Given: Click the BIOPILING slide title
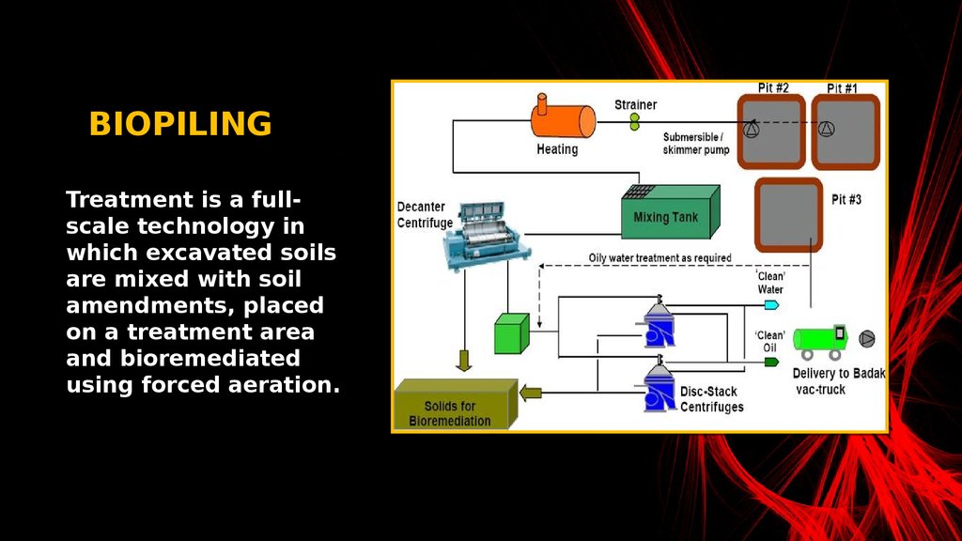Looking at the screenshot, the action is (180, 124).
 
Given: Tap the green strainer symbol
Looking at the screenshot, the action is (634, 121).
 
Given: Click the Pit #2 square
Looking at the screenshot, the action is (771, 131).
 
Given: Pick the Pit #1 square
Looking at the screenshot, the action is (846, 132).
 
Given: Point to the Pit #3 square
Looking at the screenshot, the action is (788, 215).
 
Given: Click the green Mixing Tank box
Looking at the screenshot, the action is (671, 212).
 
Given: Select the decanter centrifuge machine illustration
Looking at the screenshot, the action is (486, 236).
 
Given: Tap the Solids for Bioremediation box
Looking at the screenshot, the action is (456, 404).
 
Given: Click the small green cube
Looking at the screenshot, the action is (512, 333).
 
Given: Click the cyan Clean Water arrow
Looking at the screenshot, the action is (771, 305).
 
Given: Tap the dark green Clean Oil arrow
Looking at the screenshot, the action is (771, 362).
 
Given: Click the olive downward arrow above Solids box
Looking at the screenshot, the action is (464, 361).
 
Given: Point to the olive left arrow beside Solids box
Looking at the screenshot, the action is (531, 393).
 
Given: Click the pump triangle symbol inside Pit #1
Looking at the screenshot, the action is (827, 129).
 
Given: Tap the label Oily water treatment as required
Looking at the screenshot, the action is (660, 258).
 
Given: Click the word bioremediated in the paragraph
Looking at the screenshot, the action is (209, 358).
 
